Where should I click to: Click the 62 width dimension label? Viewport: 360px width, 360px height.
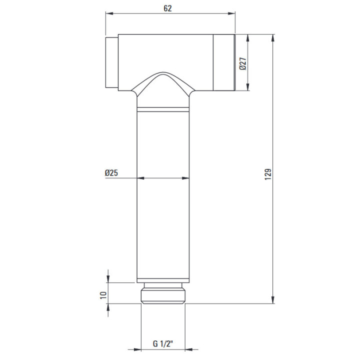pos(167,8)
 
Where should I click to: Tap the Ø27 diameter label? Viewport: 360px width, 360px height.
pos(242,63)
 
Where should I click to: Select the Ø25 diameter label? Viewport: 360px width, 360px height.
pos(111,172)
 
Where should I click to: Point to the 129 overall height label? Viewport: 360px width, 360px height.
pos(268,174)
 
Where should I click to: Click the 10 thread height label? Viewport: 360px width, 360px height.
pos(103,295)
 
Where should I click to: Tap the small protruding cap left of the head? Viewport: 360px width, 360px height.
pos(112,62)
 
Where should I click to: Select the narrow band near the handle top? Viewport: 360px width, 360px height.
pos(163,109)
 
